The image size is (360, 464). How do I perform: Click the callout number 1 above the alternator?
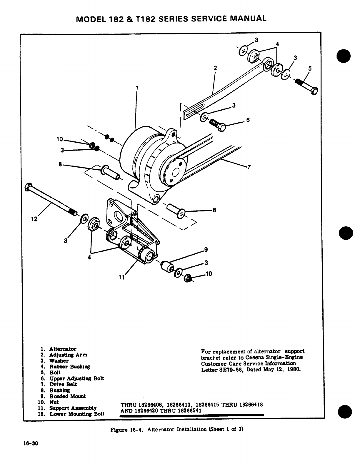click(x=137, y=87)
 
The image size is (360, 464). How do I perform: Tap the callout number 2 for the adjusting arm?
click(x=215, y=68)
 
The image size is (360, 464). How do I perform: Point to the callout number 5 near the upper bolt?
click(x=310, y=69)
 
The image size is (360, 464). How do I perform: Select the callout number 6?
click(x=248, y=120)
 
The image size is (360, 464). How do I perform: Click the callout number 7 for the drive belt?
click(x=249, y=168)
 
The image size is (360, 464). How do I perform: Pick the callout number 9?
click(x=206, y=250)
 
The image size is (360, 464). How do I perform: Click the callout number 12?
click(x=34, y=219)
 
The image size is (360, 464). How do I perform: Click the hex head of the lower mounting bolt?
click(x=27, y=187)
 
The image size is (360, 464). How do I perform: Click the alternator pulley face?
click(x=175, y=173)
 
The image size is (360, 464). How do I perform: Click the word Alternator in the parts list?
click(x=63, y=349)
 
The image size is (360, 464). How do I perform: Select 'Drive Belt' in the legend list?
click(x=63, y=384)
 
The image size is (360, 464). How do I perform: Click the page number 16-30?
click(x=31, y=444)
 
